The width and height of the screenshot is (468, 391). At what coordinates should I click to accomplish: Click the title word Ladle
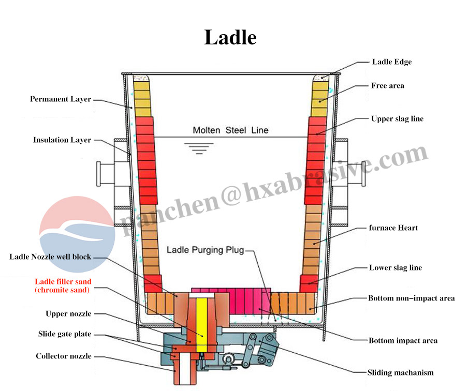(x=230, y=37)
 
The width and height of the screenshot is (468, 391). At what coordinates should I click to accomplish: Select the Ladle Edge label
(x=392, y=62)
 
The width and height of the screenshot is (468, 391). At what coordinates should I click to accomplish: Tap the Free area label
(x=388, y=85)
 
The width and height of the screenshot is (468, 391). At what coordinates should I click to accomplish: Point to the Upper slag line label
(x=397, y=118)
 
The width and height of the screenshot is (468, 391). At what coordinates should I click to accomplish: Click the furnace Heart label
(x=393, y=228)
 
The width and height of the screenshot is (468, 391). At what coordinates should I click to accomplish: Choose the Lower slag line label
(x=395, y=267)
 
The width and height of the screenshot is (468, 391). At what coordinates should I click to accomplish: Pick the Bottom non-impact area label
(x=411, y=298)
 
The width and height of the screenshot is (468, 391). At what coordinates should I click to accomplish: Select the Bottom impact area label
(x=403, y=340)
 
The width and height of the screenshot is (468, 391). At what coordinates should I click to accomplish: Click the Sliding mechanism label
(x=400, y=372)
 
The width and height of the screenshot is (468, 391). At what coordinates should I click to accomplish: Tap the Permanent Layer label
(x=61, y=99)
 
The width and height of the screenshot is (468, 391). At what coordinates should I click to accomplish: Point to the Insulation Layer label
(x=62, y=140)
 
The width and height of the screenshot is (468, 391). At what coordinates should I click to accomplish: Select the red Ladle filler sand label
(x=63, y=285)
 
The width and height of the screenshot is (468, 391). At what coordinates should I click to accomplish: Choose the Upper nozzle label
(x=68, y=313)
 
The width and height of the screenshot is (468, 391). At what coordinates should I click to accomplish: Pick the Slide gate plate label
(x=65, y=334)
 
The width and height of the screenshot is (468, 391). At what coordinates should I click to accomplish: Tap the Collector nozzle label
(x=64, y=356)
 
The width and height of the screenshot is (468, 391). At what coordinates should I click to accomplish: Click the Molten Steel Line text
(x=230, y=130)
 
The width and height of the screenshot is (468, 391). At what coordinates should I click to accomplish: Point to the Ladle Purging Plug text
(x=205, y=250)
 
